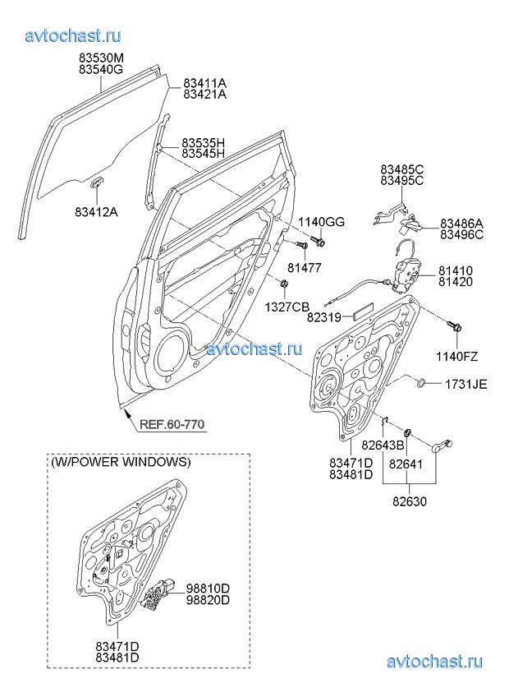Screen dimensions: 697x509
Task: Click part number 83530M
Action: point(101,58)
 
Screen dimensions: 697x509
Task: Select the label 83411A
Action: point(205,83)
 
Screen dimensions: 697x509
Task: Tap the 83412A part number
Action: point(96,212)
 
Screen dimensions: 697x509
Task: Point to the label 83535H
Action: point(204,142)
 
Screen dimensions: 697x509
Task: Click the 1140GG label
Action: point(321,223)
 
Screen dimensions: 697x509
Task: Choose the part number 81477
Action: point(304,268)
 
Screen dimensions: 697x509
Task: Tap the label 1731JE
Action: point(466,384)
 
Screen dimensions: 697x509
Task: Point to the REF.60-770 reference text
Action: point(172,425)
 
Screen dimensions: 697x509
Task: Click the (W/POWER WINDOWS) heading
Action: point(121,462)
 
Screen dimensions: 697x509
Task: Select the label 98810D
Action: point(207,588)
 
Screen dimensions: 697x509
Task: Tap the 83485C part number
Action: point(402,169)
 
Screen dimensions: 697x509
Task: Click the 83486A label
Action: point(461,223)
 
